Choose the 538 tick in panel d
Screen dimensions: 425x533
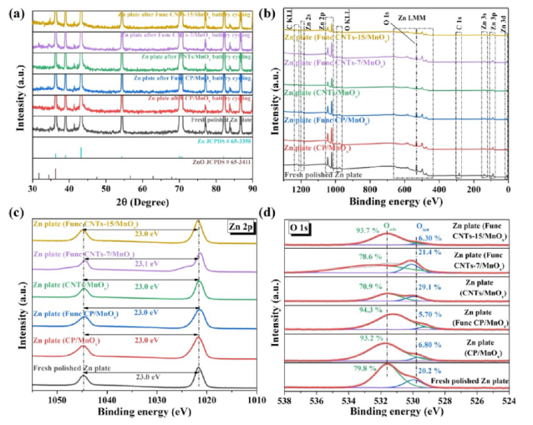pos(286,400)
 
